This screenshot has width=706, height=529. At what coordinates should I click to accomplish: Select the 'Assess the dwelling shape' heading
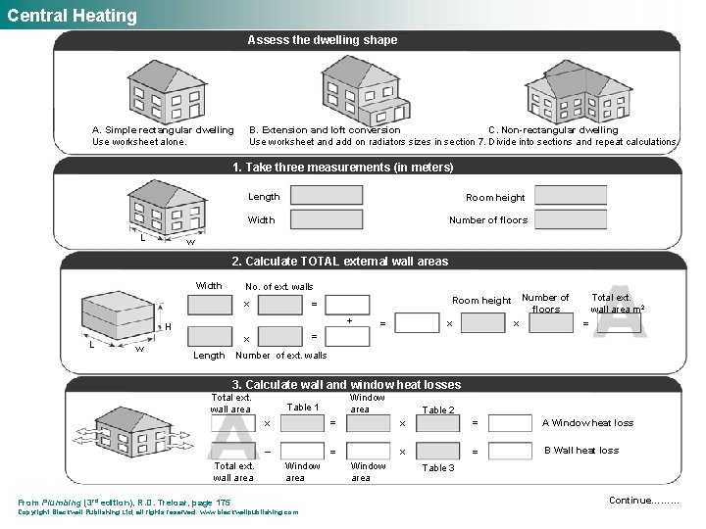(x=323, y=40)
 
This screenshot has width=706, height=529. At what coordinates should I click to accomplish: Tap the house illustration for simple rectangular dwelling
(x=165, y=89)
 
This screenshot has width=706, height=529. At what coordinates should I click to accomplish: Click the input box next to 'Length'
(x=327, y=196)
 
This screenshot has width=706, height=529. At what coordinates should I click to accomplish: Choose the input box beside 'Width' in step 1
(x=327, y=219)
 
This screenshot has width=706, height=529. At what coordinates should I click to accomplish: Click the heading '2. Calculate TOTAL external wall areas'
(x=338, y=262)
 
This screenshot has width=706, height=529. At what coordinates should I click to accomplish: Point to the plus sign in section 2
(x=350, y=320)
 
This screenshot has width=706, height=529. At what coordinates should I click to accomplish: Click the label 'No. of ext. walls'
(x=279, y=287)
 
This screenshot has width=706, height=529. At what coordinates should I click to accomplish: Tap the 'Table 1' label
(x=303, y=408)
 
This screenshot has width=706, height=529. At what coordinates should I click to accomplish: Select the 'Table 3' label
(x=437, y=468)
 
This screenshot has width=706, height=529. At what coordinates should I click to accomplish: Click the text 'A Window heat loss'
(x=587, y=423)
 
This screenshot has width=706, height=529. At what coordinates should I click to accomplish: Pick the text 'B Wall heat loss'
(x=581, y=451)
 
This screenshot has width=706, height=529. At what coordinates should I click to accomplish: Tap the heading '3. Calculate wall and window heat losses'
(x=345, y=385)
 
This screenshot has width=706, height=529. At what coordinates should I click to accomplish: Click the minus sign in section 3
(x=268, y=452)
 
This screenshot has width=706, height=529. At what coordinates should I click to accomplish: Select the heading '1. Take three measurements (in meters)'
(x=342, y=168)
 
